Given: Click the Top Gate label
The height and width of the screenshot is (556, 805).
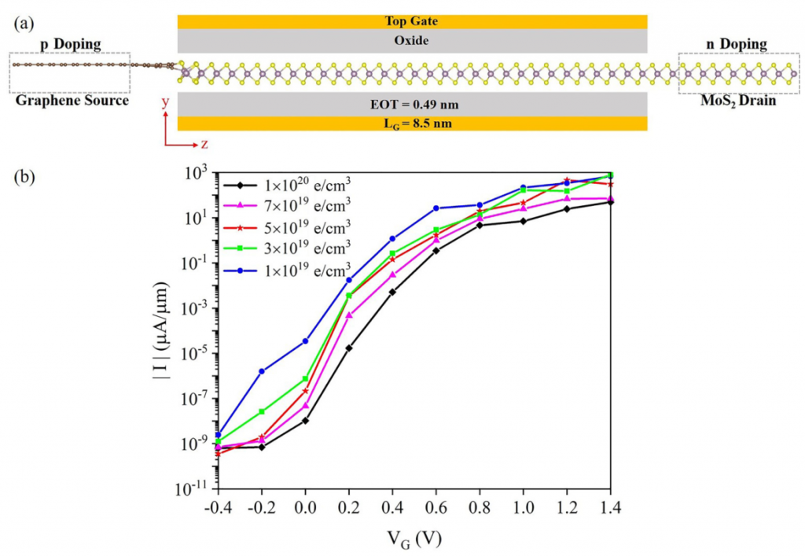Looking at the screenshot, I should (412, 21).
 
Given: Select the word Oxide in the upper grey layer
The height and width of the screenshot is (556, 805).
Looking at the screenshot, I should (412, 40).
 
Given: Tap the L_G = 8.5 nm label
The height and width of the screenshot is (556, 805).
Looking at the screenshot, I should (412, 123).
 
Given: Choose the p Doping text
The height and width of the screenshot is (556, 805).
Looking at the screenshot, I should (70, 44).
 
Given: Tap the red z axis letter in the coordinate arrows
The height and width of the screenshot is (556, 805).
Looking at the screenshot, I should (204, 144).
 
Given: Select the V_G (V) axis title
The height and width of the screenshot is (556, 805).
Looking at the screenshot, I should (412, 537).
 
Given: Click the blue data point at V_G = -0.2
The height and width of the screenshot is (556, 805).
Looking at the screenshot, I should (261, 371).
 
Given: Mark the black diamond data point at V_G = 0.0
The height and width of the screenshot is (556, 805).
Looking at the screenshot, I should (305, 421).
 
